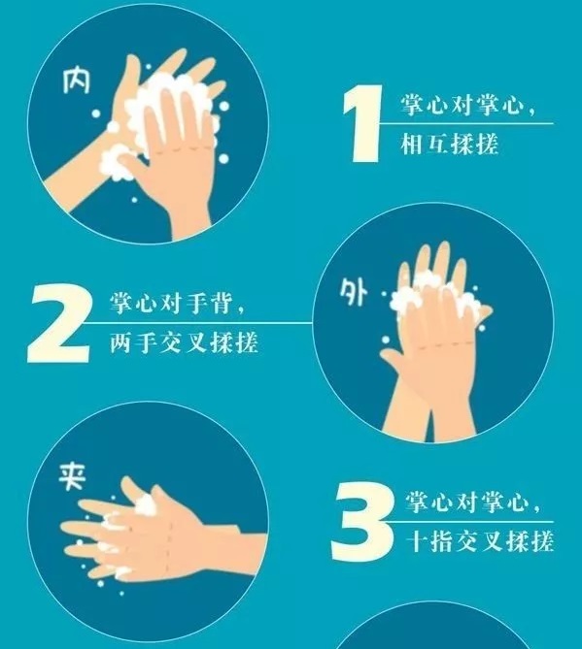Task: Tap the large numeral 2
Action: click(58, 324)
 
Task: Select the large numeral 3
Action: click(361, 521)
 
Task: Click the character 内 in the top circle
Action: click(77, 81)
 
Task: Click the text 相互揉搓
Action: click(449, 145)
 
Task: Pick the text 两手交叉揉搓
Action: click(184, 342)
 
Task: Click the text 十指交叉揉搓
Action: click(480, 541)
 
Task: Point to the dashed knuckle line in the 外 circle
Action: click(446, 344)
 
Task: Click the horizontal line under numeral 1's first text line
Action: click(466, 123)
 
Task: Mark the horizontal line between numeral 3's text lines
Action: click(472, 522)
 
